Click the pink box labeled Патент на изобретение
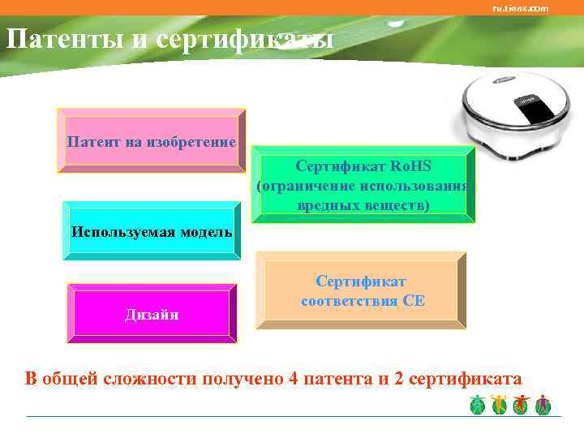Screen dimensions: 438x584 [151, 142]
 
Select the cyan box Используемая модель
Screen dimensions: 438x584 [151, 231]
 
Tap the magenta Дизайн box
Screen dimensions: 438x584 [152, 314]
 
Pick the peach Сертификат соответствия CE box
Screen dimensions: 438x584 [362, 291]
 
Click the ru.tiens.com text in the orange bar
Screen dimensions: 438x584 [520, 8]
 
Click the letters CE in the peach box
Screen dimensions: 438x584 [414, 301]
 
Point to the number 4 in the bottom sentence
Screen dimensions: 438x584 [294, 379]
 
